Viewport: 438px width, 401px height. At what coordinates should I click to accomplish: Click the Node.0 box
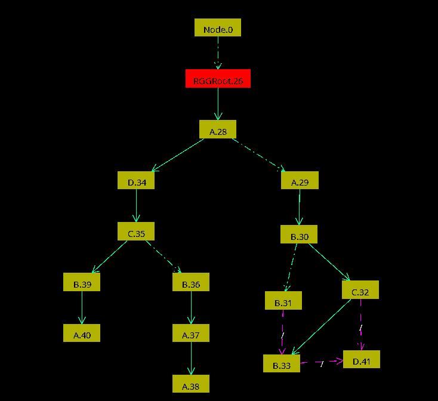[218, 27]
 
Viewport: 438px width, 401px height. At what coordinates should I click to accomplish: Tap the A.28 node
[218, 129]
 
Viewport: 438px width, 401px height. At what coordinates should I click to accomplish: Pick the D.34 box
[137, 180]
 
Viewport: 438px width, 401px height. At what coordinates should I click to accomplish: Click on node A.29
[300, 180]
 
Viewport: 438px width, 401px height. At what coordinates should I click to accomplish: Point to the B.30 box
[299, 234]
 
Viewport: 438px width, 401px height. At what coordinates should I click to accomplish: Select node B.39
[82, 282]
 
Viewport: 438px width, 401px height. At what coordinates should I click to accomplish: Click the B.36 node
[191, 282]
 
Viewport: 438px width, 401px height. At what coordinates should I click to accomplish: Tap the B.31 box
[283, 301]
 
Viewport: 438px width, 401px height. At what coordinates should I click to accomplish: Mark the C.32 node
[360, 289]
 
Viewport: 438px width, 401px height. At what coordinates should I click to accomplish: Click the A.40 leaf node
[82, 333]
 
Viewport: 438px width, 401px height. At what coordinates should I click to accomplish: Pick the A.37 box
[191, 333]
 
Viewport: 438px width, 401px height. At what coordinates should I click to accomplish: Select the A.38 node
[191, 384]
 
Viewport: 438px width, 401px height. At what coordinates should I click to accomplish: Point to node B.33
[282, 363]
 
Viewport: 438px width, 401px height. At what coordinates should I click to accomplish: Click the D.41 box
[362, 359]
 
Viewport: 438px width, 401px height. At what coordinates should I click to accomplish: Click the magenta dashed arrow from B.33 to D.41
[322, 362]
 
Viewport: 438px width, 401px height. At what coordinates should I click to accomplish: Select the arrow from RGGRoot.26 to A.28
[218, 104]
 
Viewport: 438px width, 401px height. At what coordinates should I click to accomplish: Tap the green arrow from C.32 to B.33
[320, 328]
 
